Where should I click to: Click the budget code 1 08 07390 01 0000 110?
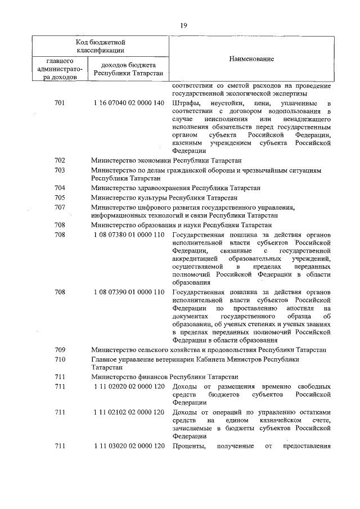click(129, 292)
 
